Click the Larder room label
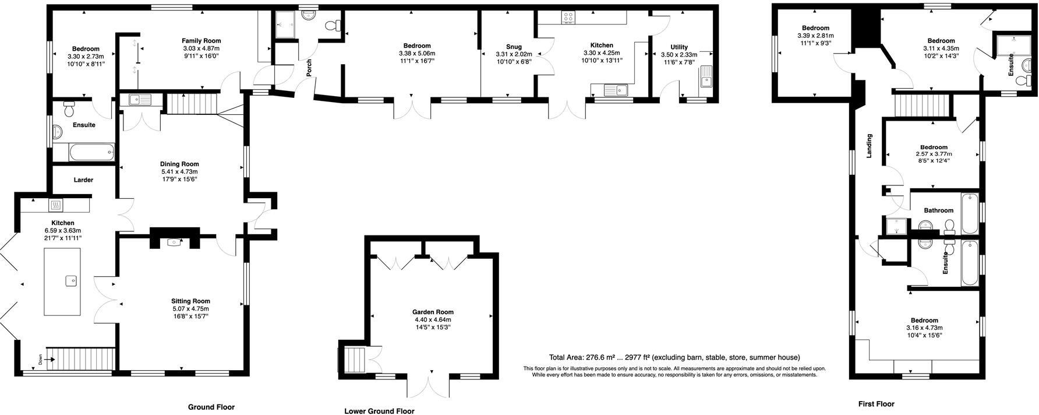[83, 180]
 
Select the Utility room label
[679, 47]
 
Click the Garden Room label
[433, 312]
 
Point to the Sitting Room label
[190, 301]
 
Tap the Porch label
[309, 68]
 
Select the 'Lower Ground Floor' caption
[379, 411]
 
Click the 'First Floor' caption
[876, 404]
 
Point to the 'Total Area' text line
[674, 357]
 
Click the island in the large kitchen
[62, 282]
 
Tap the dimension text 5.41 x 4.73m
[179, 172]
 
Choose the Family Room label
[202, 41]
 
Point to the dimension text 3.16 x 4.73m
[924, 328]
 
